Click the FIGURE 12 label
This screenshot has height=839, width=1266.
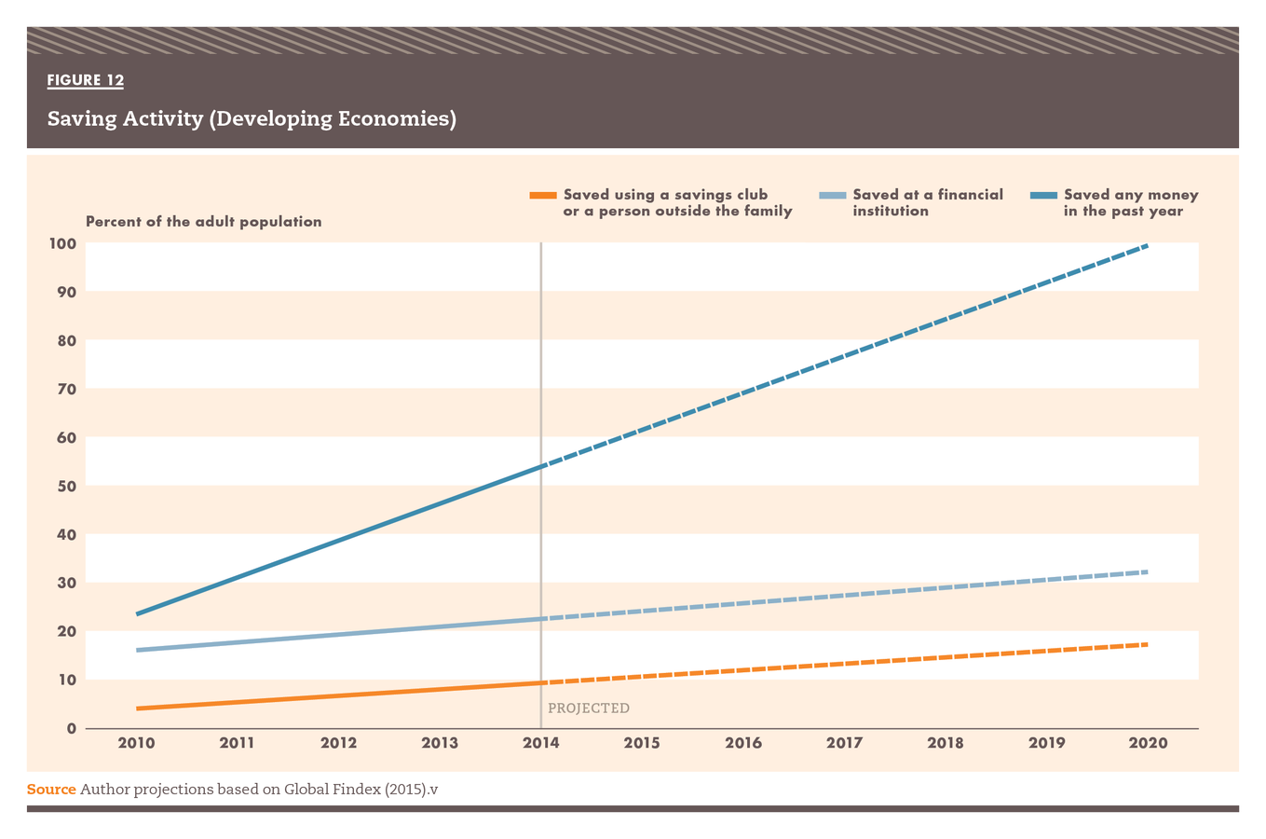click(x=86, y=80)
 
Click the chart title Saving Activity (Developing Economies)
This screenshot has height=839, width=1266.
click(x=252, y=119)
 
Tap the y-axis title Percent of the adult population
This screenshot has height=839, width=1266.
click(x=203, y=222)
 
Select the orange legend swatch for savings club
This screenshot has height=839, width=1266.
click(x=542, y=195)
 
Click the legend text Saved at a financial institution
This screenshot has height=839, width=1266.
click(x=927, y=202)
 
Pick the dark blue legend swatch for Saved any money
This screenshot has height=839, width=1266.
click(x=1043, y=195)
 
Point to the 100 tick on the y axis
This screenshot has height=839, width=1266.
click(x=63, y=243)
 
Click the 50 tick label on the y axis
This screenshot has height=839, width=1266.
click(x=67, y=486)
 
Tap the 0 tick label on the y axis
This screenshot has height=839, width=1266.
click(x=72, y=728)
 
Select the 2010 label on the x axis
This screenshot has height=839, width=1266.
click(x=136, y=743)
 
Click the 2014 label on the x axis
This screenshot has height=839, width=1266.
click(x=540, y=743)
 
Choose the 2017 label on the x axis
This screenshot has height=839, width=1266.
click(x=844, y=743)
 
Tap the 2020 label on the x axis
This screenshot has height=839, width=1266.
click(x=1148, y=743)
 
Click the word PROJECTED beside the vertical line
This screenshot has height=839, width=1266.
click(x=589, y=708)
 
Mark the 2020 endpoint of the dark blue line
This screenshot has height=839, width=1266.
click(x=1147, y=245)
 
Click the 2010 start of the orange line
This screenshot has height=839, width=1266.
click(x=138, y=708)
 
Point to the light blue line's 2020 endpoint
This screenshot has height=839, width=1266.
click(x=1147, y=571)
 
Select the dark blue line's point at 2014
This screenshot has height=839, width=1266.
click(x=540, y=466)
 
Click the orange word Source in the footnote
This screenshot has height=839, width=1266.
click(x=51, y=790)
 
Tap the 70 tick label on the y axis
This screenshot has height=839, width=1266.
click(x=67, y=389)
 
